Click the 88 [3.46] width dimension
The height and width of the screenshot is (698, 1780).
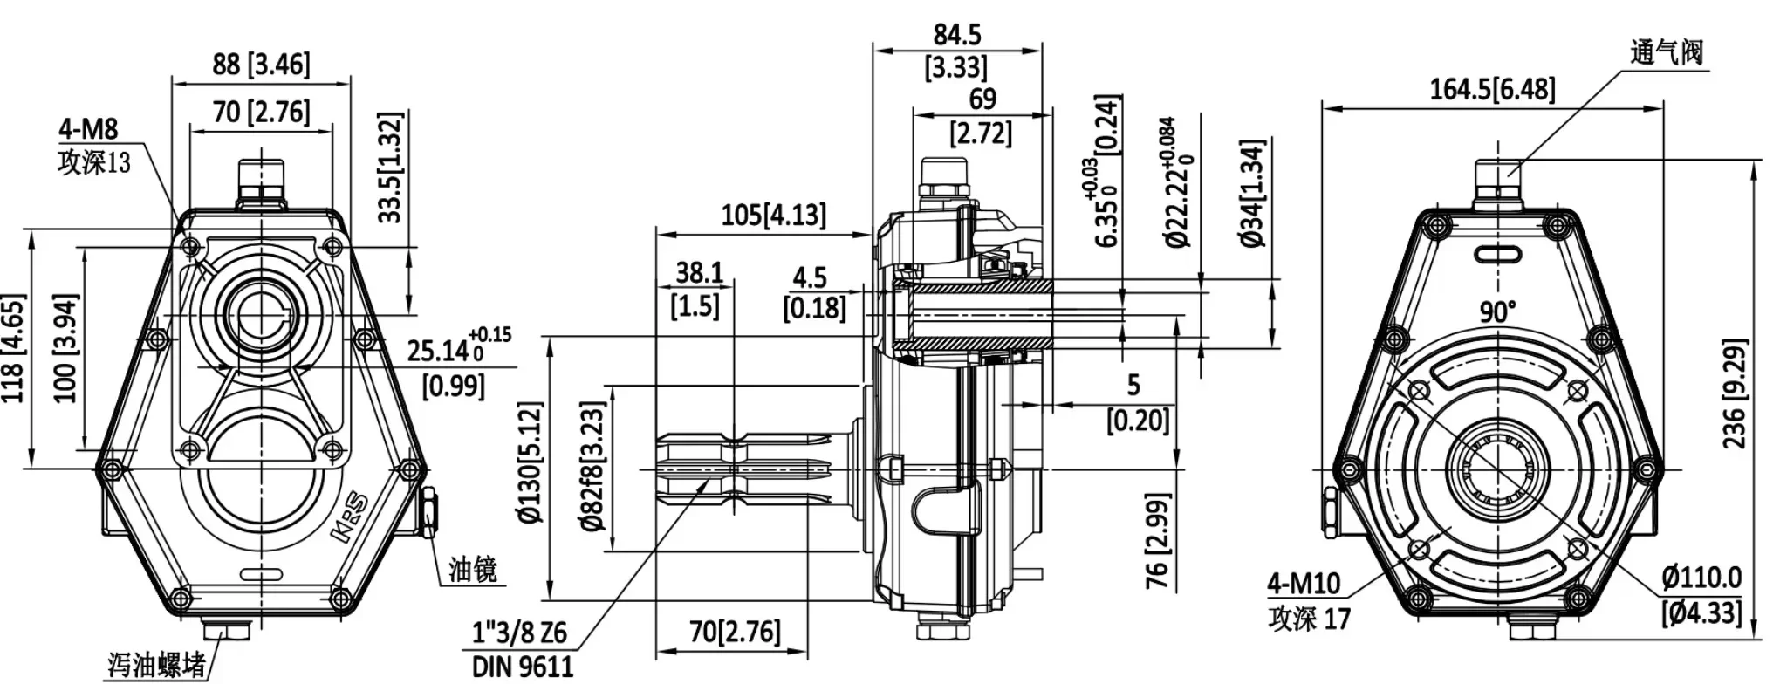pos(261,65)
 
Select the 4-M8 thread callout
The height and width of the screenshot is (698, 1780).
pos(88,130)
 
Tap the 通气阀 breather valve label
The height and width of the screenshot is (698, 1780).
pos(1666,52)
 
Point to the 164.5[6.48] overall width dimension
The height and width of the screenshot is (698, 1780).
pos(1492,89)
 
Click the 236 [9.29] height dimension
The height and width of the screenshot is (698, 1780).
pos(1735,393)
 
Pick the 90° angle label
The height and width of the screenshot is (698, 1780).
pos(1497,311)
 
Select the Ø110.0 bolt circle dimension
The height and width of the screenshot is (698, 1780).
pos(1701,578)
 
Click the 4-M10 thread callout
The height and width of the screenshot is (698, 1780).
pos(1304,583)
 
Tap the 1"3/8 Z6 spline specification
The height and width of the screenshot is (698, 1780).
pos(520,632)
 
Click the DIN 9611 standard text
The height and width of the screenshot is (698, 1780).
pos(523,667)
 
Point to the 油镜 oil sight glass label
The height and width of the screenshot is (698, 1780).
pos(473,570)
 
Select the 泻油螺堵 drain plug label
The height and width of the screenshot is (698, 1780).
pos(157,665)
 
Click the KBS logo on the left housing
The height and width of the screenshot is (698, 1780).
pos(351,521)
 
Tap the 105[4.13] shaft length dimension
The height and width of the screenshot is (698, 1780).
pos(773,215)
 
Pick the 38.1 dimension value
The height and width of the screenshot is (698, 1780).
pos(699,273)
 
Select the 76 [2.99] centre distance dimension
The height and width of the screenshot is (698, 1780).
pos(1155,540)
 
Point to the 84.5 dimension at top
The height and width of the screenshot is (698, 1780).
pos(957,35)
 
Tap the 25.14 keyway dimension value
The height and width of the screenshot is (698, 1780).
pos(438,351)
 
